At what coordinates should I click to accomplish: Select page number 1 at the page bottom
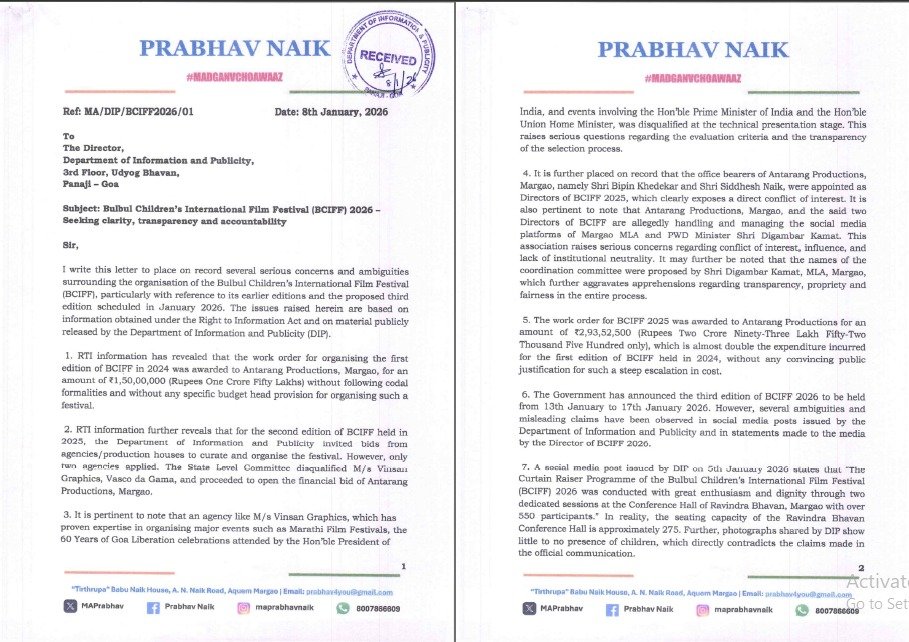click(401, 567)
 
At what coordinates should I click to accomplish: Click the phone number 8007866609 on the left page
click(377, 609)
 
